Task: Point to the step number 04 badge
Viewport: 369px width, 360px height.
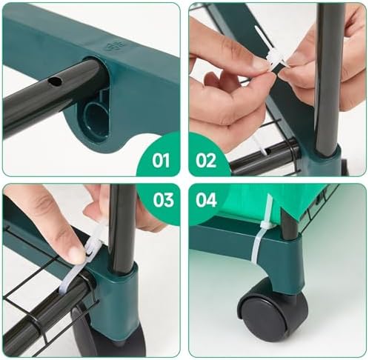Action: point(206,199)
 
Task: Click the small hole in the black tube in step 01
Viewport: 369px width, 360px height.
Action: point(55,81)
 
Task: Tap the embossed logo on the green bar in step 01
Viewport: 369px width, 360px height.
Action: point(114,46)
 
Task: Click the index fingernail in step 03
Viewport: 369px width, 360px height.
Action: point(75,253)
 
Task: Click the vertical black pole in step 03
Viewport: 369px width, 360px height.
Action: point(122,228)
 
